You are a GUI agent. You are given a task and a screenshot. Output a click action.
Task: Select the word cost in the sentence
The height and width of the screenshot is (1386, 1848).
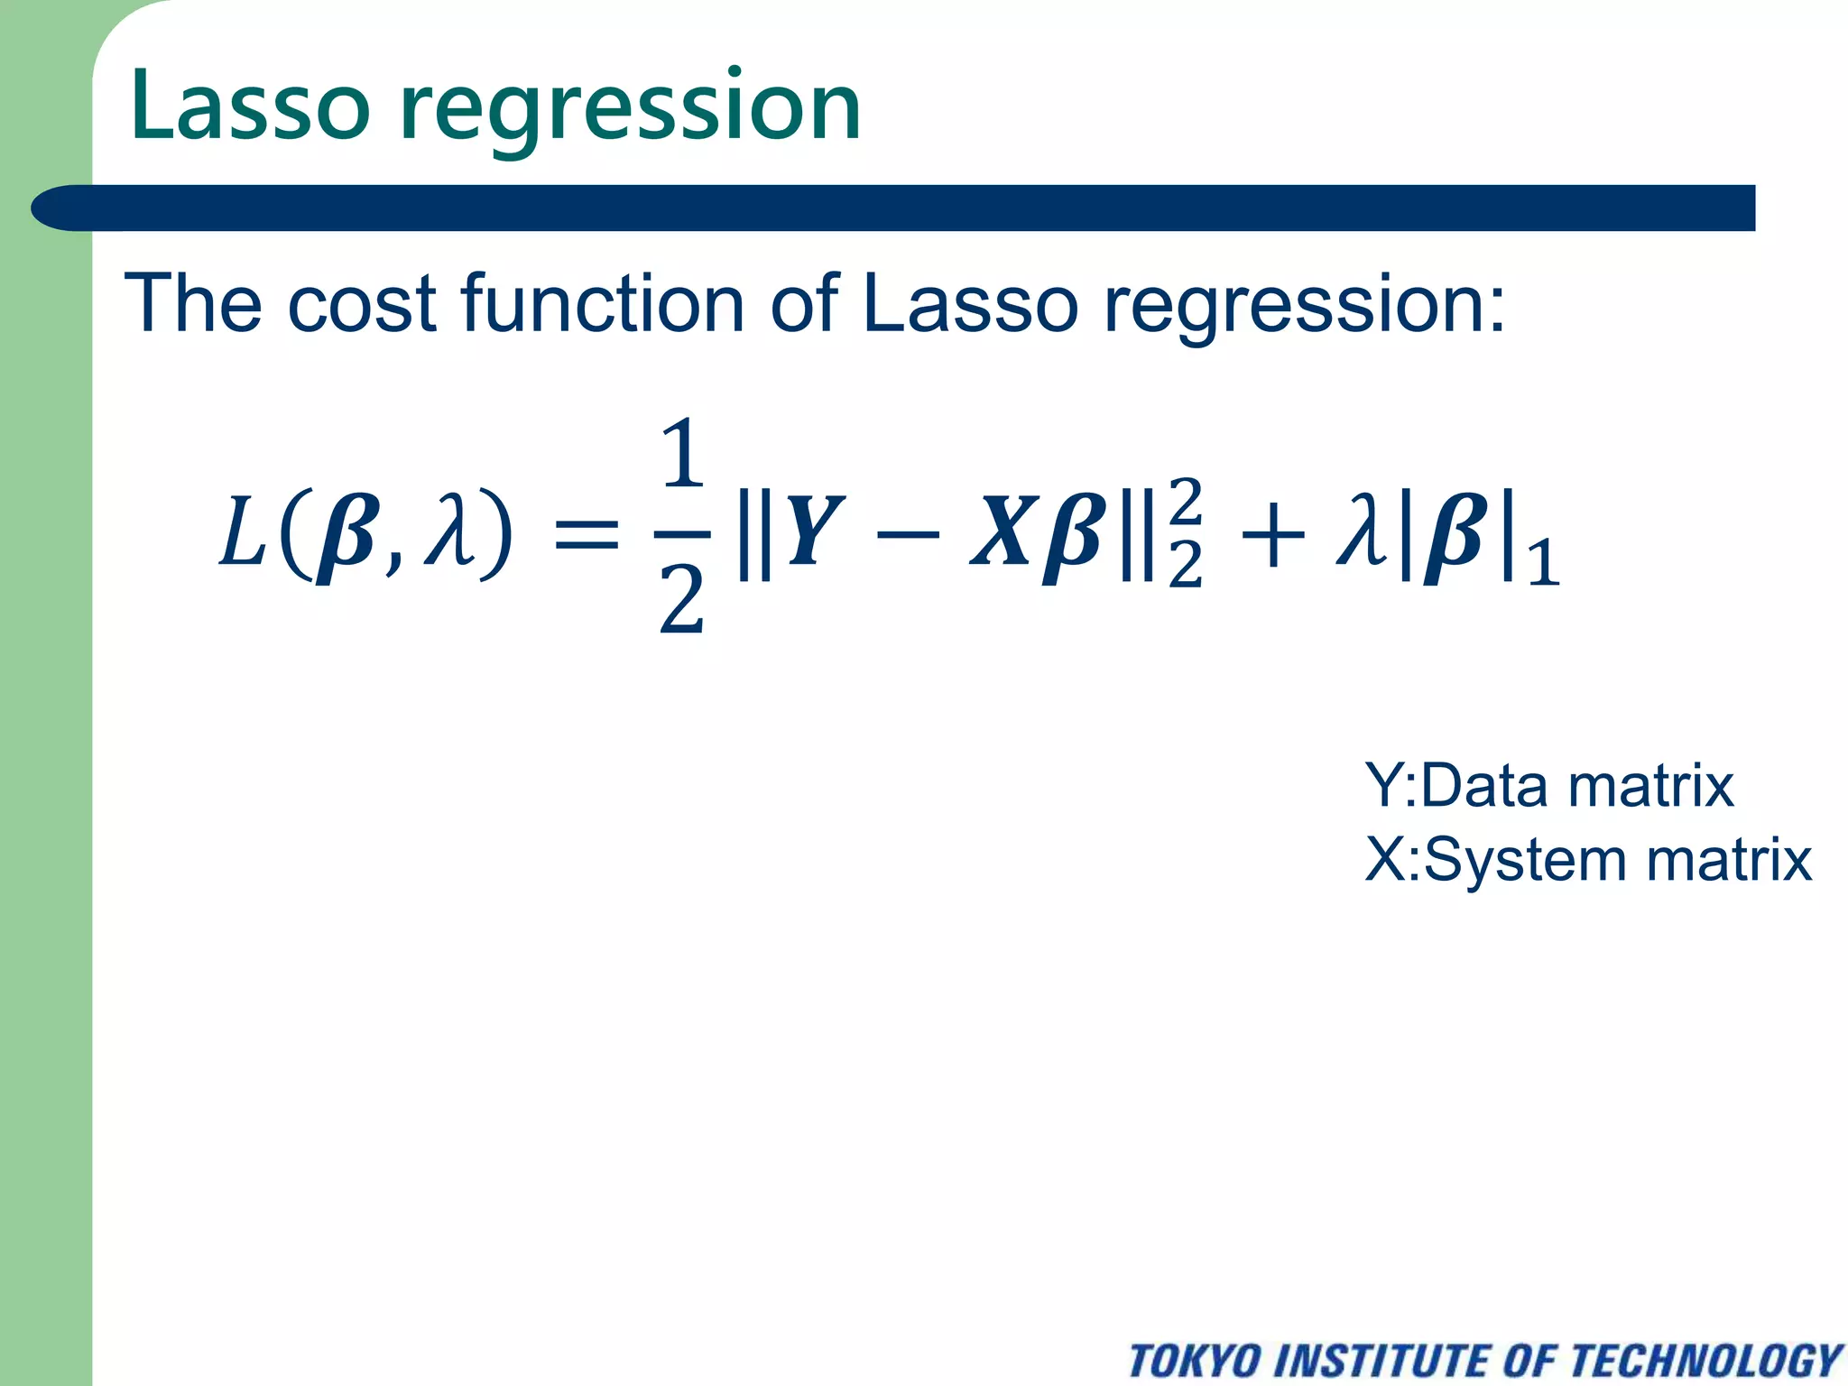click(362, 304)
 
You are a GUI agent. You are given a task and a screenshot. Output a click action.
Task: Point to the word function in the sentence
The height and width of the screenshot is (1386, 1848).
click(602, 304)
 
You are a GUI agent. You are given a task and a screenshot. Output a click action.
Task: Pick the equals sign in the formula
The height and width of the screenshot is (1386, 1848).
click(586, 532)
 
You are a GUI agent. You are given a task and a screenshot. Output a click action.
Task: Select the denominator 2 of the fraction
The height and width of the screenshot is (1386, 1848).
click(681, 600)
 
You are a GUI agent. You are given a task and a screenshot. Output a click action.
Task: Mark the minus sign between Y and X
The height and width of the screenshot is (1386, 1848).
click(906, 533)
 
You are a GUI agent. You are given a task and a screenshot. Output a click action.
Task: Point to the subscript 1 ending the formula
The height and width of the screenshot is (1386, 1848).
click(1543, 563)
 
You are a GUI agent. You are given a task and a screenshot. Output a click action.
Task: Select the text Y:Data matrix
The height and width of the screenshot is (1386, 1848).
click(1548, 785)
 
